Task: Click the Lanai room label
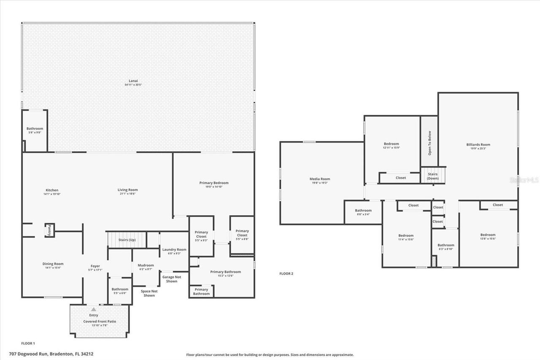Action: click(x=133, y=81)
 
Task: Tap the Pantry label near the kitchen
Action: click(x=49, y=230)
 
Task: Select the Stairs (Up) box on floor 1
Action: click(x=127, y=240)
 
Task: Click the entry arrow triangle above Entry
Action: click(x=94, y=309)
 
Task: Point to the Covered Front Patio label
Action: click(x=100, y=321)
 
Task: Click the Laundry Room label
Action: click(x=174, y=249)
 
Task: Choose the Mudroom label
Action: click(x=146, y=265)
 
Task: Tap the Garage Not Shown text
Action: click(x=172, y=279)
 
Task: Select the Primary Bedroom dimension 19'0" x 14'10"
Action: click(x=214, y=187)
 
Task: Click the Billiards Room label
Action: click(x=478, y=144)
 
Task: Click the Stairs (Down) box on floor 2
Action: click(x=432, y=176)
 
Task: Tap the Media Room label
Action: click(x=320, y=179)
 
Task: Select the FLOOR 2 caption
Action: click(x=286, y=273)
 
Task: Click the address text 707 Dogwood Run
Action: click(x=57, y=354)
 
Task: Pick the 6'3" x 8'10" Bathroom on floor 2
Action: click(x=445, y=247)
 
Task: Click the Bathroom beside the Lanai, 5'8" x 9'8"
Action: click(x=35, y=130)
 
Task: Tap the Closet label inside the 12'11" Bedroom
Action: click(x=401, y=178)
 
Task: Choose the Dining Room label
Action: click(x=53, y=264)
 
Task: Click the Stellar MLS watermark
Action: click(x=524, y=180)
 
